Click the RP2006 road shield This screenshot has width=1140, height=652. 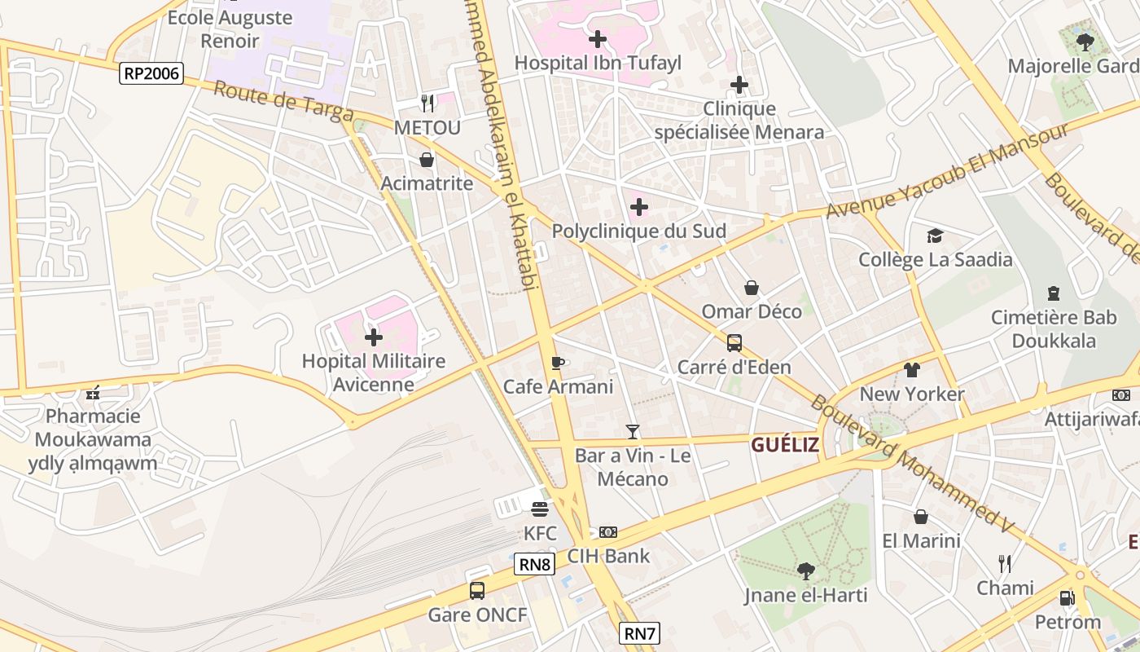pos(151,73)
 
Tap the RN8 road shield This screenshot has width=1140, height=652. pos(535,564)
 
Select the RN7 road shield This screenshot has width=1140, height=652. pos(639,633)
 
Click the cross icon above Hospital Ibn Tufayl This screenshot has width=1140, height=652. pos(598,38)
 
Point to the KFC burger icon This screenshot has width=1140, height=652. pos(539,509)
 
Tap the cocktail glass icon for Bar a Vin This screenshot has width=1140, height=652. pos(633,431)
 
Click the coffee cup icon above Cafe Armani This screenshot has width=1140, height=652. pos(558,362)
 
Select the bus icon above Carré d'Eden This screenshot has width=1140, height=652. pos(734,342)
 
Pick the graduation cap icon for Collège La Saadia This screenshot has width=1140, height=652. pos(935,236)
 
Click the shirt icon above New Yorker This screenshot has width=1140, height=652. pos(912,370)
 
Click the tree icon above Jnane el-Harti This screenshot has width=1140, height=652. pos(806,570)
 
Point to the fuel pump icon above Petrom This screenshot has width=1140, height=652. pos(1067,598)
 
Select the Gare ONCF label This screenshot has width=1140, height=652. pos(478,615)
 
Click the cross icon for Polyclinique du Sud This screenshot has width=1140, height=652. pos(639,207)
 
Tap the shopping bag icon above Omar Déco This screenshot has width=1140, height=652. pos(752,288)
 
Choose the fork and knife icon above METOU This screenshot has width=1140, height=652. pos(427,103)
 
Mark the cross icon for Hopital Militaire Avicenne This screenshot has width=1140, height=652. pos(373,337)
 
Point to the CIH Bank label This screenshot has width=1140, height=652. pos(609,557)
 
